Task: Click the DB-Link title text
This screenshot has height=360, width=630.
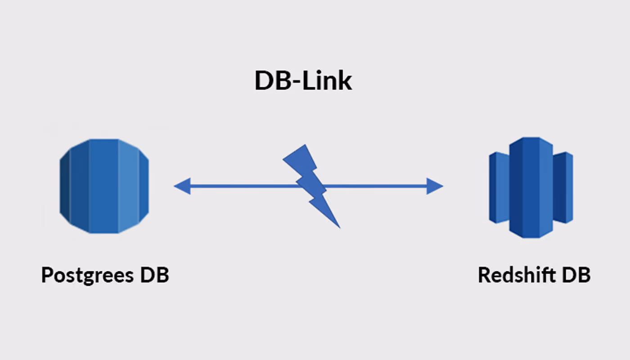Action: click(x=303, y=81)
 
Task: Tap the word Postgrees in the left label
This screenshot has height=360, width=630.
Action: click(x=87, y=275)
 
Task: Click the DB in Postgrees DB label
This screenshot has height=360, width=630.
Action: click(x=155, y=274)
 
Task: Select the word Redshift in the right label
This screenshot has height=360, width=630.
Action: click(x=517, y=274)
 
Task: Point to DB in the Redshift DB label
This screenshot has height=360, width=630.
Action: click(x=576, y=274)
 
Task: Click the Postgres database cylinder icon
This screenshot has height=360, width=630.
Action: click(x=104, y=186)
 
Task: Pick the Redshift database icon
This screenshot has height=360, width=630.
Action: click(x=531, y=188)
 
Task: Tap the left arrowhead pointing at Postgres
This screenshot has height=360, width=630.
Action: click(x=182, y=186)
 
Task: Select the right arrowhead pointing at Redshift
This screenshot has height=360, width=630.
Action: click(x=435, y=186)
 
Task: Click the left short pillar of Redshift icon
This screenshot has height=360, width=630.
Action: click(x=499, y=188)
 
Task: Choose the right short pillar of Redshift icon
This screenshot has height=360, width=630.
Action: click(x=563, y=188)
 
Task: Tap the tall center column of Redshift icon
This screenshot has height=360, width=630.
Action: click(x=531, y=188)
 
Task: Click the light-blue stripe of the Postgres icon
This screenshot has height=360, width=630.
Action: click(x=128, y=186)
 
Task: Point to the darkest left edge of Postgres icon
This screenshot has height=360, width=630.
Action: click(x=65, y=186)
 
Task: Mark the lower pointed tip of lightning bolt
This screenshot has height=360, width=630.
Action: click(x=340, y=228)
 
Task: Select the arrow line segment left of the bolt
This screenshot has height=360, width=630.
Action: click(x=244, y=186)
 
